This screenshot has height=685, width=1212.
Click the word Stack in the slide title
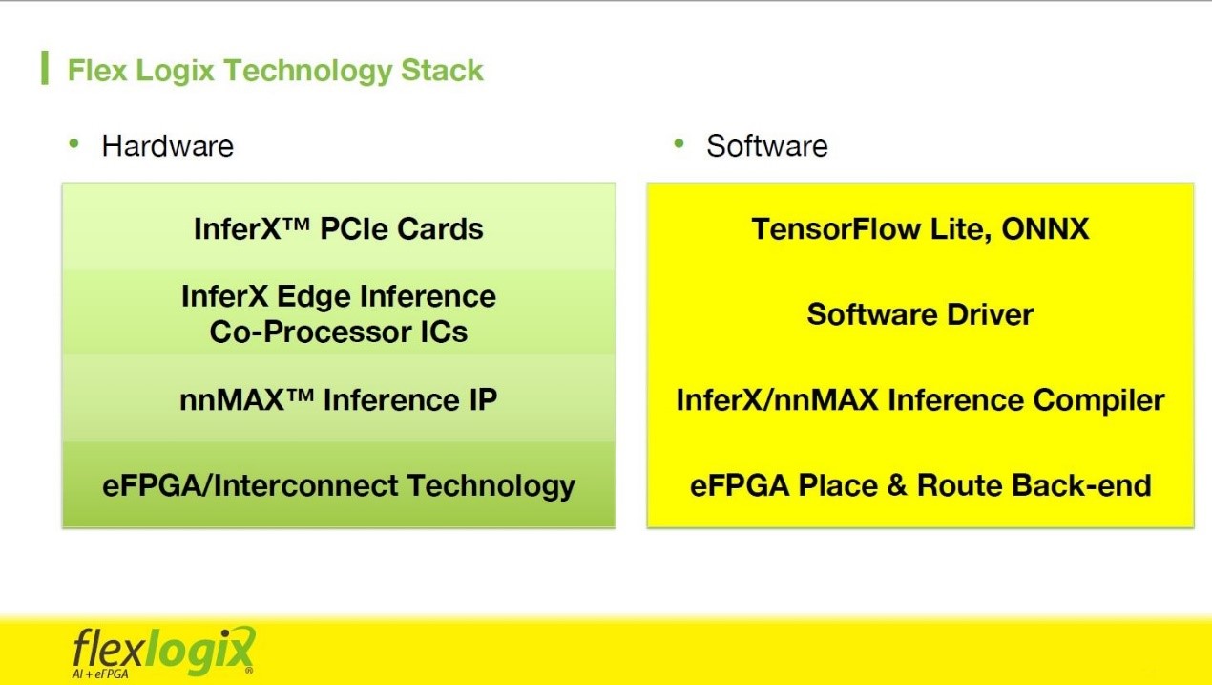click(442, 71)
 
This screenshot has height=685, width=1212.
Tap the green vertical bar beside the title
click(45, 68)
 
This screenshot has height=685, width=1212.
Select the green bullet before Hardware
click(74, 143)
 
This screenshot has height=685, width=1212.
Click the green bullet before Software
click(679, 143)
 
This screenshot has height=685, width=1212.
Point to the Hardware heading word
click(168, 146)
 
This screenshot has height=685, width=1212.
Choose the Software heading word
click(767, 146)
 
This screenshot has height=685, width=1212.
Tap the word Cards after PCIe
click(440, 228)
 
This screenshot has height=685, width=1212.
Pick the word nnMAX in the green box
click(232, 400)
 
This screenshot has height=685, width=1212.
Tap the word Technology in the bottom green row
click(491, 485)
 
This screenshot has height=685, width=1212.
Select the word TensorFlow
click(836, 228)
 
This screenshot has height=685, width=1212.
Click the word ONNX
click(1045, 228)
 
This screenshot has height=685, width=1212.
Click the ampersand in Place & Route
click(896, 485)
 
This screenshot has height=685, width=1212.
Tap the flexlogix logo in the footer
click(163, 652)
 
